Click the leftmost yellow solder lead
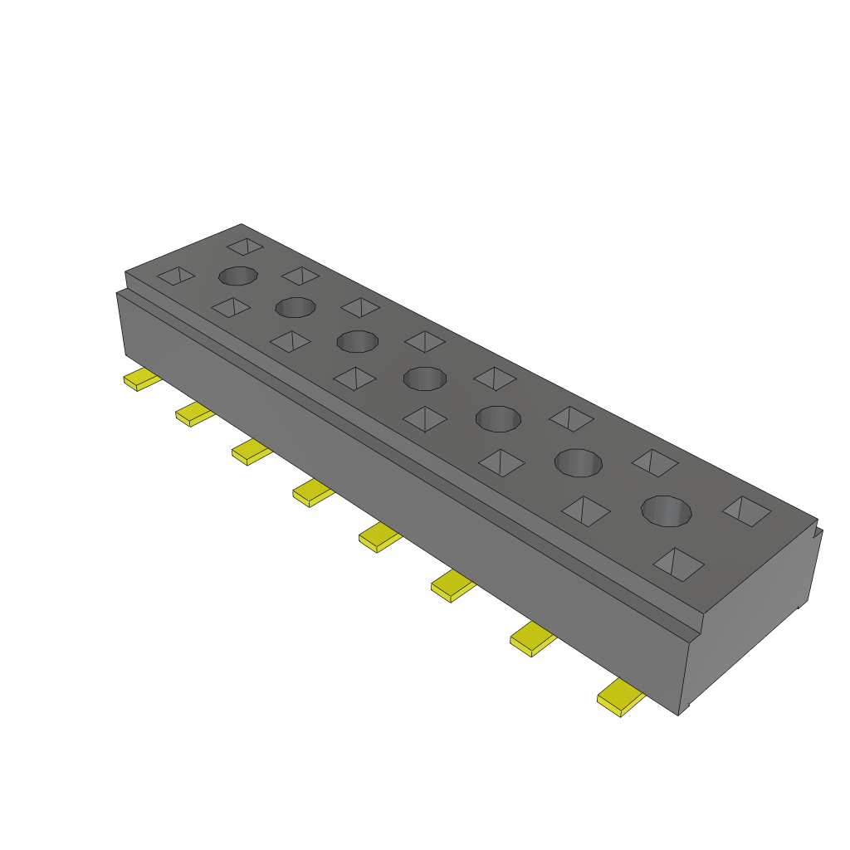click(140, 380)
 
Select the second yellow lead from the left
click(193, 413)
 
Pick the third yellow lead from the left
click(251, 452)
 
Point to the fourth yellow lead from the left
click(312, 494)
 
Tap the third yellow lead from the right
click(452, 587)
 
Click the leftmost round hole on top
click(237, 276)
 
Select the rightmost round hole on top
click(667, 510)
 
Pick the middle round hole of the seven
click(424, 379)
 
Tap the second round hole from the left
click(296, 307)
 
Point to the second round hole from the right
click(579, 462)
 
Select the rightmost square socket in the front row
click(679, 564)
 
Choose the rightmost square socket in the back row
click(746, 510)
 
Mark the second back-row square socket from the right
click(655, 462)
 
